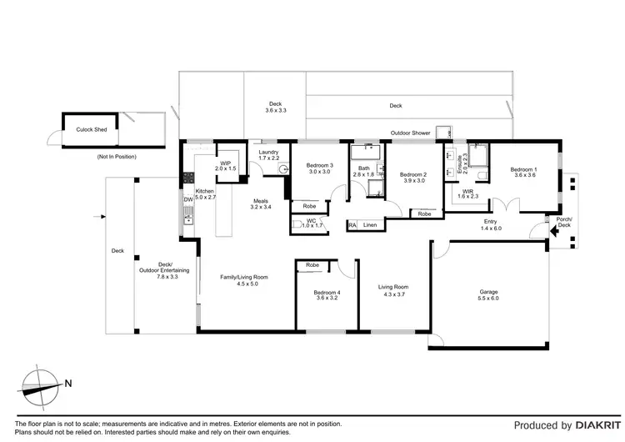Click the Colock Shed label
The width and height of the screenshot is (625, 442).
click(91, 130)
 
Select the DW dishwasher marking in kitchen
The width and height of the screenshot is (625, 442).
click(188, 200)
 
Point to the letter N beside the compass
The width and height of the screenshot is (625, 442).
click(68, 384)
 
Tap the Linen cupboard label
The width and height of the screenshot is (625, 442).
click(370, 225)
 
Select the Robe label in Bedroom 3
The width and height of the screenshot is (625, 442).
click(309, 205)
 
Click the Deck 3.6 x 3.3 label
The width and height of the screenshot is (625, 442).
click(276, 107)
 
